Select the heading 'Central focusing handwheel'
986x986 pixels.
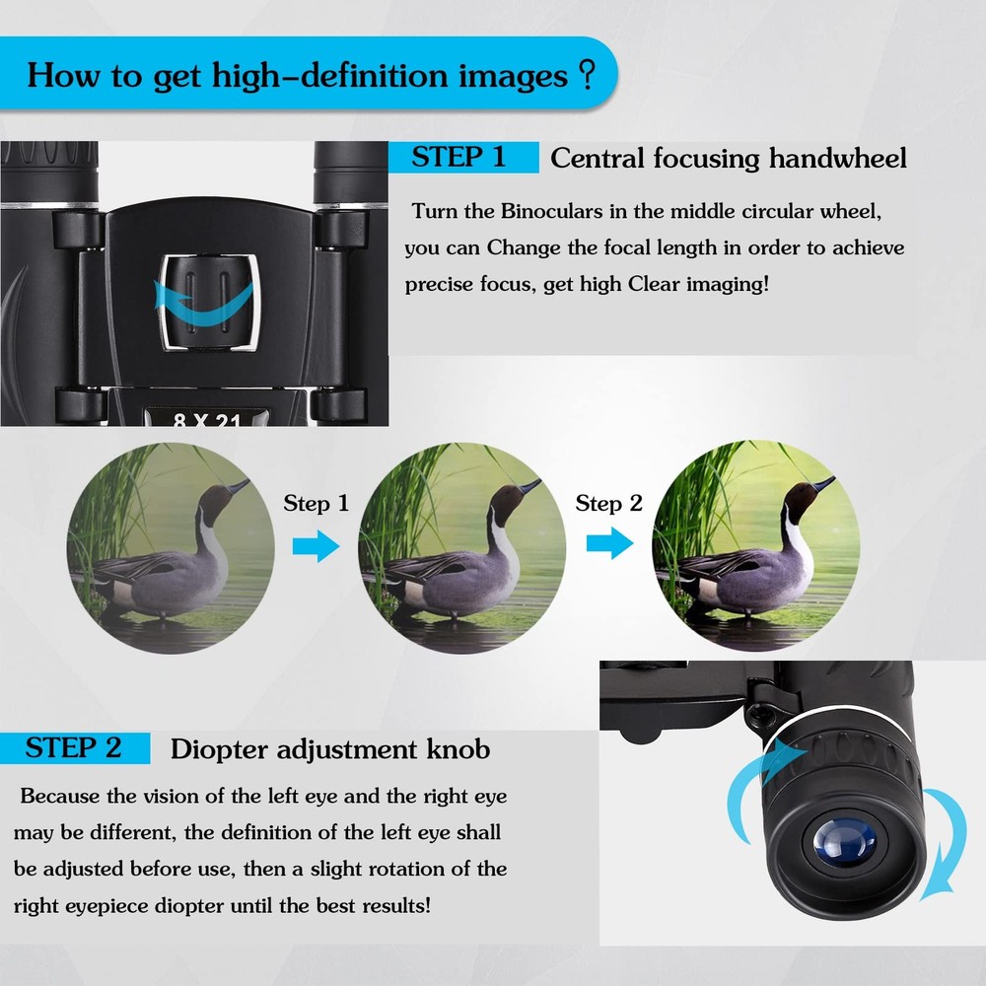tap(728, 159)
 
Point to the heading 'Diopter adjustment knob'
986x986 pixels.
tap(330, 749)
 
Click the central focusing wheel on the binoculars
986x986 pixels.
tap(210, 301)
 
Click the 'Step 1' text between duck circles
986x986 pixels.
tap(316, 504)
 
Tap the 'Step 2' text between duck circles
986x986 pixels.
tap(608, 504)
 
